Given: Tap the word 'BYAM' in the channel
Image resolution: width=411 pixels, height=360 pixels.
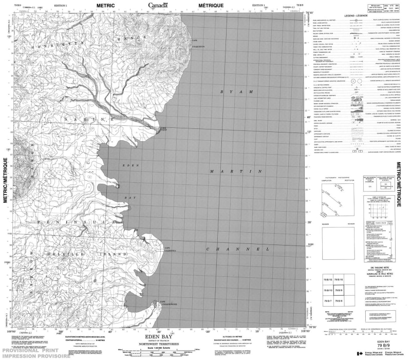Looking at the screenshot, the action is click(237, 91).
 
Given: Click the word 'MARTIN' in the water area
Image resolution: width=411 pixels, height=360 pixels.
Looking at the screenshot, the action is click(237, 170).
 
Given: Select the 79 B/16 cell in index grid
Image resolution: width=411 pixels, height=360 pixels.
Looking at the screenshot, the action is click(339, 279).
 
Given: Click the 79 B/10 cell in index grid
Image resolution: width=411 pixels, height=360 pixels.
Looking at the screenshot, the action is click(328, 291).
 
